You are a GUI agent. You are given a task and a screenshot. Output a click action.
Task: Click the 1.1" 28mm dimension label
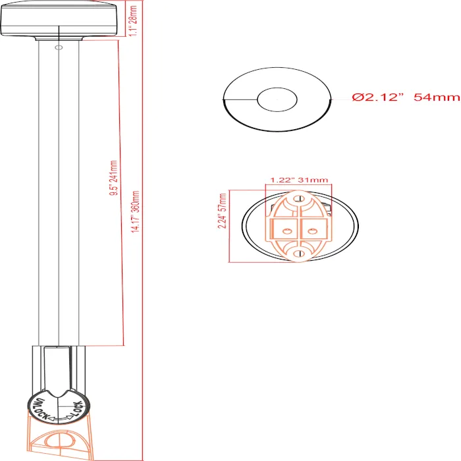(134, 20)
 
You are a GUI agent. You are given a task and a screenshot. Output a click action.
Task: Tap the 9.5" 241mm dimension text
(113, 178)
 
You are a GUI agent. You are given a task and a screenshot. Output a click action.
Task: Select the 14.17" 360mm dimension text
(135, 211)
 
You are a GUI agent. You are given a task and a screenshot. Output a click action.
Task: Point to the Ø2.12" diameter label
(377, 97)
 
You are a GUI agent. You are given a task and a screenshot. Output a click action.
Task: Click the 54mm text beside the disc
(437, 97)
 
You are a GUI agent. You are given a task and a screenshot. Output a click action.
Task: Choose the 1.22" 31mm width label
(299, 180)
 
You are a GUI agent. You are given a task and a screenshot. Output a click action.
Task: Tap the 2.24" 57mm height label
(223, 211)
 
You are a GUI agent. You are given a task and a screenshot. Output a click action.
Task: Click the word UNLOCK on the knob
(40, 409)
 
